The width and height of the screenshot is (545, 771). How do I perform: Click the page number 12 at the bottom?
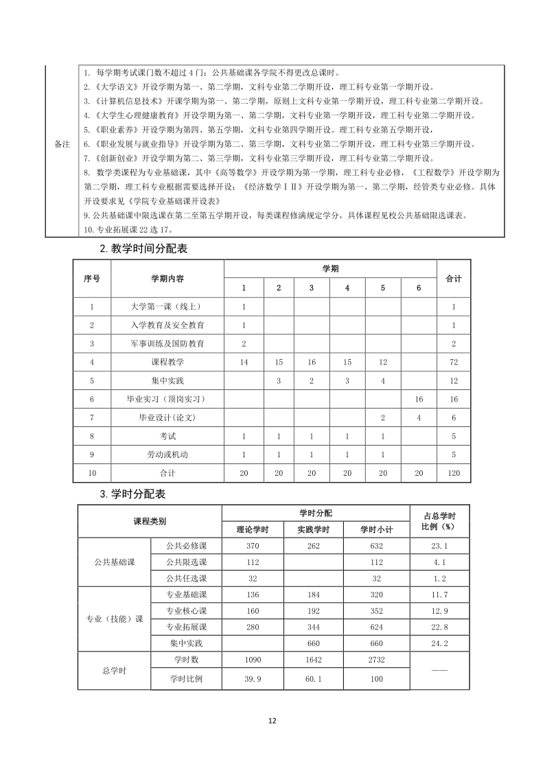coord(272,720)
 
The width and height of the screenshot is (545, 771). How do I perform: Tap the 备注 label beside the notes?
coord(62,145)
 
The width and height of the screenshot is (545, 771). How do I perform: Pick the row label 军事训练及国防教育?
coord(167,343)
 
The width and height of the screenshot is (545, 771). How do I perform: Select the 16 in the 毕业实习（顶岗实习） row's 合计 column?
coord(453,399)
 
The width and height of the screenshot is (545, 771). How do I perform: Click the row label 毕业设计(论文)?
coord(167,417)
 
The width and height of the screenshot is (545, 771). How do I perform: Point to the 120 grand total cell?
coord(453,473)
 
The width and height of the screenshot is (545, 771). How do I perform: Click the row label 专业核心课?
coord(186,611)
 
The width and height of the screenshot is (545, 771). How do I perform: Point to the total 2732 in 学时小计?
coord(376,660)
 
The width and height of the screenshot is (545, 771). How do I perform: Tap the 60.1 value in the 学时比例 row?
coord(314,678)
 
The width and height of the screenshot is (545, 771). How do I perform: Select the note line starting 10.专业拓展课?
coord(128,229)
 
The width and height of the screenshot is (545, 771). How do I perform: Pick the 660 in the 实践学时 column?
coord(314,643)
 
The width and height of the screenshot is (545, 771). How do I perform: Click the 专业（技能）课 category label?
coord(115,619)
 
